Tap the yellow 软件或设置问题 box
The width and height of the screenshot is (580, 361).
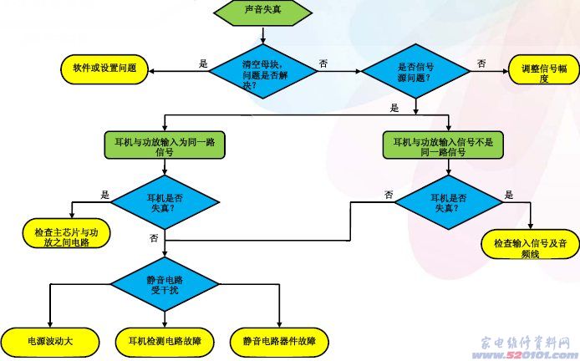[104, 66]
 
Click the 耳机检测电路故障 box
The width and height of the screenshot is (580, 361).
[165, 341]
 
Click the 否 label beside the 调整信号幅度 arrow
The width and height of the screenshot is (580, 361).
[481, 64]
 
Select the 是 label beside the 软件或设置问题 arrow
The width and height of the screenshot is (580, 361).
[202, 64]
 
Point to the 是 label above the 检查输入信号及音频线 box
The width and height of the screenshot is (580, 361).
[509, 195]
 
